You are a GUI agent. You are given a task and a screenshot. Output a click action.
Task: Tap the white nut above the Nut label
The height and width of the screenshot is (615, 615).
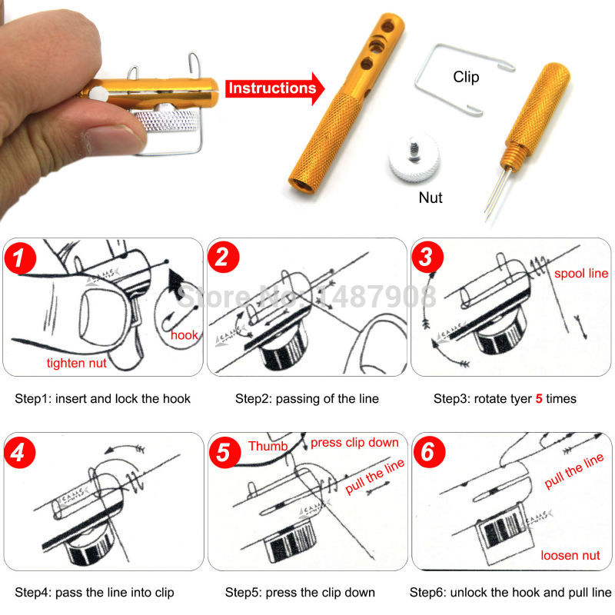click(x=411, y=155)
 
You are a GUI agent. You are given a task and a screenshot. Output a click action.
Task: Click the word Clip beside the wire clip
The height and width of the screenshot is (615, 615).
click(x=465, y=77)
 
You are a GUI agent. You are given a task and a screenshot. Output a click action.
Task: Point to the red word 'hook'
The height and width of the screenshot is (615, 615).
click(x=184, y=335)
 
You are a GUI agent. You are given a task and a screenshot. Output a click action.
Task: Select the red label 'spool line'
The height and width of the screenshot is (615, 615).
click(x=581, y=274)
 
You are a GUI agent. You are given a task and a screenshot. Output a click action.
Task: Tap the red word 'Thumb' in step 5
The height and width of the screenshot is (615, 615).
click(x=268, y=447)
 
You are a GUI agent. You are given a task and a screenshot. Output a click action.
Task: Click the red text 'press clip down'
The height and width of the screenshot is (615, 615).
click(x=354, y=443)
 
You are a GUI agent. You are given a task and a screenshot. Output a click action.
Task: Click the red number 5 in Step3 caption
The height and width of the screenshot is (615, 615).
click(x=539, y=398)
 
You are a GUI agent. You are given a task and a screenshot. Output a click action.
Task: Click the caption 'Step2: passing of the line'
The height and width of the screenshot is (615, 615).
click(x=307, y=398)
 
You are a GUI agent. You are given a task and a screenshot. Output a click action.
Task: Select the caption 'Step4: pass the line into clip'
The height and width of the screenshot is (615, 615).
click(x=95, y=592)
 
